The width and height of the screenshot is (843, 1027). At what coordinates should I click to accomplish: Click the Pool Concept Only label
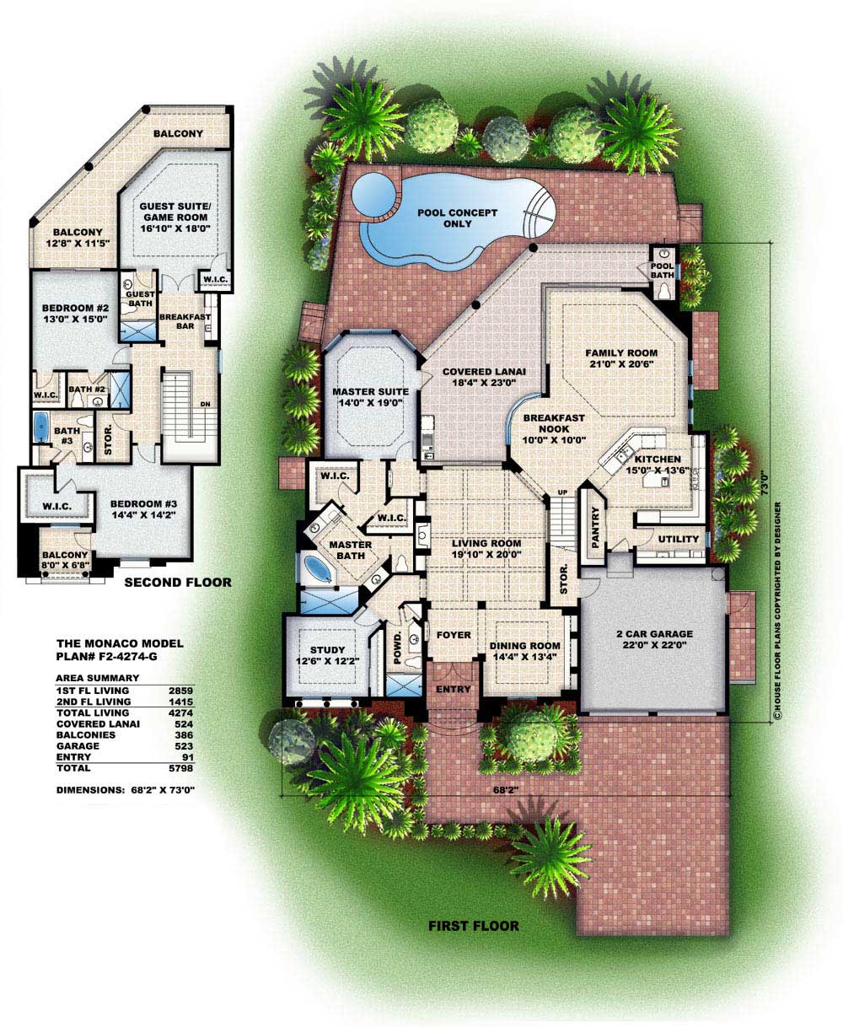pyautogui.click(x=457, y=218)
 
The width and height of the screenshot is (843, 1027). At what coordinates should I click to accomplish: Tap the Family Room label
pyautogui.click(x=621, y=358)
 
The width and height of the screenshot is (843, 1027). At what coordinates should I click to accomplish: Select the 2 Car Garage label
pyautogui.click(x=654, y=639)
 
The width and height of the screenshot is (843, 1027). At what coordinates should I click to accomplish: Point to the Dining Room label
pyautogui.click(x=524, y=651)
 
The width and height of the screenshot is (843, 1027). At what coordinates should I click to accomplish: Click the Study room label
pyautogui.click(x=327, y=655)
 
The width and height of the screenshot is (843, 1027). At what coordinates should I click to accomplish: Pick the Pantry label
pyautogui.click(x=594, y=527)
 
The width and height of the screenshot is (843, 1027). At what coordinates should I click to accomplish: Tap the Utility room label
pyautogui.click(x=679, y=539)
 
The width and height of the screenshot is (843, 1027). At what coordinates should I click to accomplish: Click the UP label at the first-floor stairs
pyautogui.click(x=562, y=492)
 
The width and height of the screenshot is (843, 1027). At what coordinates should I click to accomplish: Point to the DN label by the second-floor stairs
pyautogui.click(x=205, y=404)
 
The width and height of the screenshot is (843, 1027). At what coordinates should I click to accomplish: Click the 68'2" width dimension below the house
pyautogui.click(x=504, y=790)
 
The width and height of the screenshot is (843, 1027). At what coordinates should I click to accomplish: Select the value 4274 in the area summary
pyautogui.click(x=180, y=712)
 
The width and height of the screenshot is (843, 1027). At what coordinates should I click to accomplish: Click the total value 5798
pyautogui.click(x=180, y=768)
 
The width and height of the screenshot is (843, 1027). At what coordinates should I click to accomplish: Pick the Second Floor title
pyautogui.click(x=178, y=583)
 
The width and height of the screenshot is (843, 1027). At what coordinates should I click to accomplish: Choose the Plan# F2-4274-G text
pyautogui.click(x=107, y=656)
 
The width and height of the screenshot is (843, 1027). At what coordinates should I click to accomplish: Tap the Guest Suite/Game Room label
pyautogui.click(x=175, y=218)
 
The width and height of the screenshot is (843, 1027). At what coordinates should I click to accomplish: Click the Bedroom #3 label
pyautogui.click(x=143, y=509)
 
